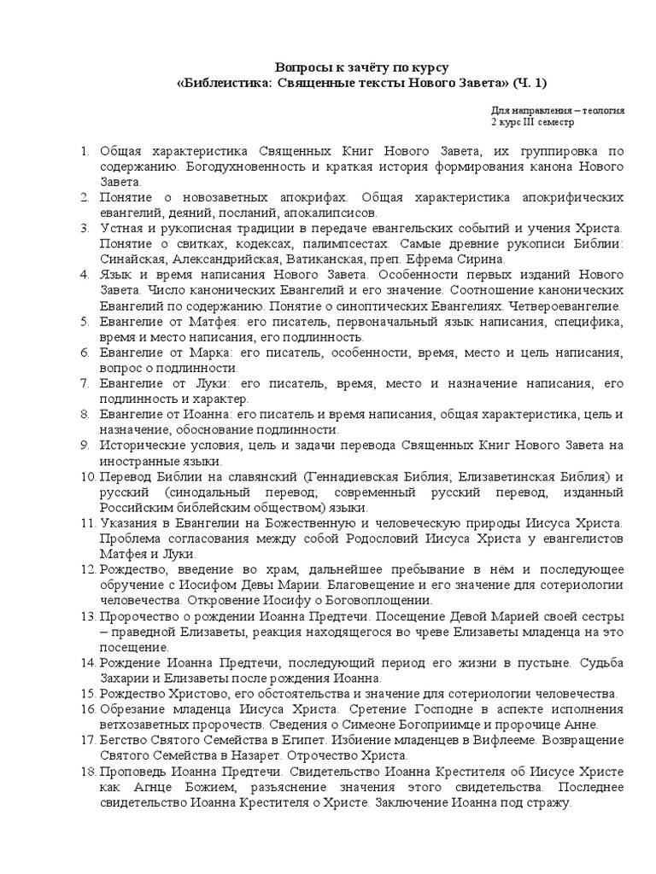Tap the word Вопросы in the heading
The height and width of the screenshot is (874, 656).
tap(298, 67)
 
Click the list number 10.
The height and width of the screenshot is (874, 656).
tap(88, 476)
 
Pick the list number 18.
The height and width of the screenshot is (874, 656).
tap(88, 772)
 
